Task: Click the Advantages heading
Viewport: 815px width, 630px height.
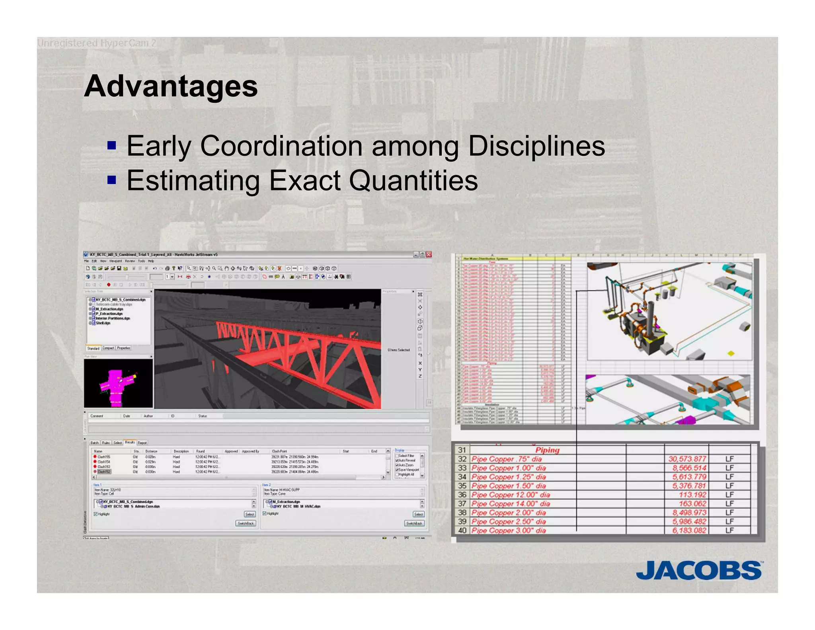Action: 171,86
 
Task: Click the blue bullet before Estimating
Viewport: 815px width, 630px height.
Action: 112,180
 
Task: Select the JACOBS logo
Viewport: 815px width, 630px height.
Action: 699,570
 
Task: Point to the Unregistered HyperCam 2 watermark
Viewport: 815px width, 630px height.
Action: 97,43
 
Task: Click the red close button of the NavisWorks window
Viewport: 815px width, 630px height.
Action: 429,254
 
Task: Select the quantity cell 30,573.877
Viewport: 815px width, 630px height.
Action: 687,459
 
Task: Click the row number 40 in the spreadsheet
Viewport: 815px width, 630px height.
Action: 462,530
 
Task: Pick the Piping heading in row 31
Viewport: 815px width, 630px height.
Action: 547,450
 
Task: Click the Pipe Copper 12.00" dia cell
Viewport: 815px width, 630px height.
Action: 511,495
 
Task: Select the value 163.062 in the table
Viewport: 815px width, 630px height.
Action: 692,504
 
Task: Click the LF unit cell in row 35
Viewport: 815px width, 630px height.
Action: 729,486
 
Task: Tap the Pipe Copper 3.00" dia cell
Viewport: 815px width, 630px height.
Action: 509,530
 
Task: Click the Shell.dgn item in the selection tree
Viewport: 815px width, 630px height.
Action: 103,323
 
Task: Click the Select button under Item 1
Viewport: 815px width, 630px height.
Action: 250,514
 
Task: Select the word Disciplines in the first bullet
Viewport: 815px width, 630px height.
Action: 536,146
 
